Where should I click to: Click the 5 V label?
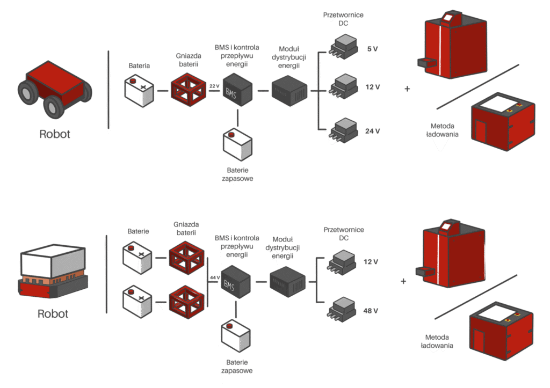pos(372,49)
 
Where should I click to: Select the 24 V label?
pos(372,131)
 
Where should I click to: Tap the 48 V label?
pos(371,310)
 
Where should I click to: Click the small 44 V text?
pos(214,277)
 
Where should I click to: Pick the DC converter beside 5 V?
pos(344,46)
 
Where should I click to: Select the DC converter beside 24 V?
pos(344,130)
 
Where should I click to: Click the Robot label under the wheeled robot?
pos(55,134)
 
